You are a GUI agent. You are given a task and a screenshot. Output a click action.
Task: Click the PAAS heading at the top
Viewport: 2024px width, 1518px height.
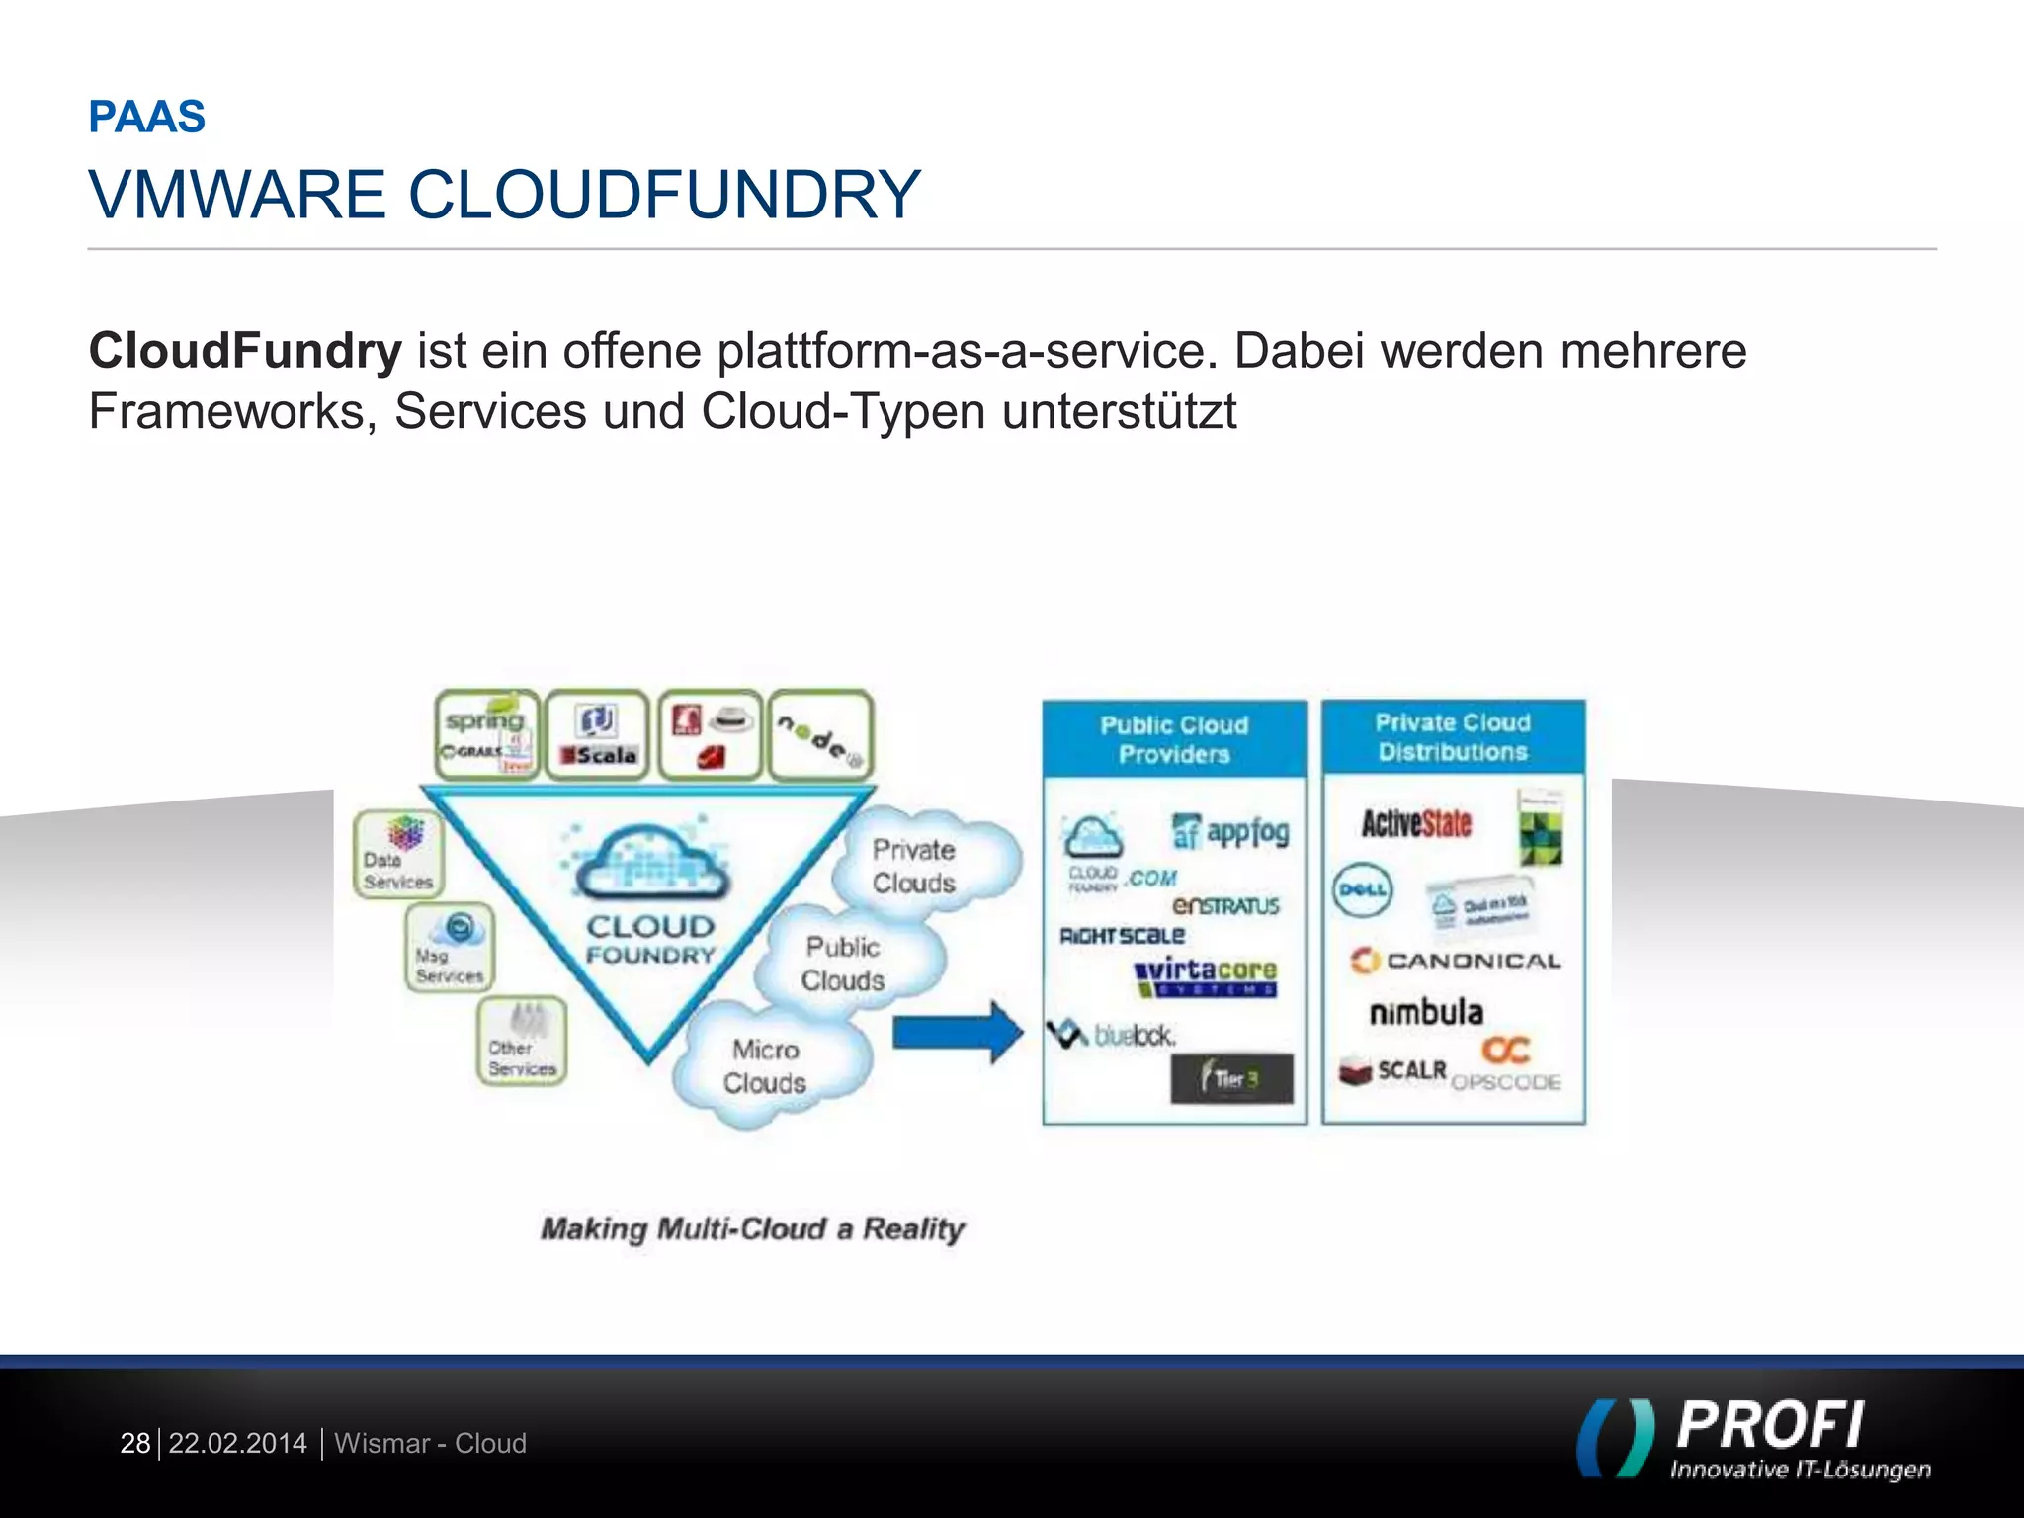(146, 117)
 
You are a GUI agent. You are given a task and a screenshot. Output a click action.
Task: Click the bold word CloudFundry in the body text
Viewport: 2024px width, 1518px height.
(245, 351)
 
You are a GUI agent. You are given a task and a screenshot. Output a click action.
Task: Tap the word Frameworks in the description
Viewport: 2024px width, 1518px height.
(226, 412)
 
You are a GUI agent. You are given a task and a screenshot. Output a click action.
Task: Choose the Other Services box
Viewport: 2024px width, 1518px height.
(522, 1042)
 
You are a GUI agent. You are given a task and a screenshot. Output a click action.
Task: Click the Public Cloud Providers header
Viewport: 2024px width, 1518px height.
(1174, 739)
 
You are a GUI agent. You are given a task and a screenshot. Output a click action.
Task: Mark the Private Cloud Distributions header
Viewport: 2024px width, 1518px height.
(1453, 737)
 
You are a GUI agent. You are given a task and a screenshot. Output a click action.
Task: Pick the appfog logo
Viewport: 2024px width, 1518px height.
(1231, 832)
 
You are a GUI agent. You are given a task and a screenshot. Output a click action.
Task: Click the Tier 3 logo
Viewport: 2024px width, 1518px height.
(1231, 1079)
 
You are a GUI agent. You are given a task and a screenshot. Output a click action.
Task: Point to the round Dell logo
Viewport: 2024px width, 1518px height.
(1361, 889)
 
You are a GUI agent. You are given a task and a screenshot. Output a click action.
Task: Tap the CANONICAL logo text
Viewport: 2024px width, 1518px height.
(1457, 961)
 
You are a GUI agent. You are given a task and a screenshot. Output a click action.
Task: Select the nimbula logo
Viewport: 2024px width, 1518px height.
(1426, 1012)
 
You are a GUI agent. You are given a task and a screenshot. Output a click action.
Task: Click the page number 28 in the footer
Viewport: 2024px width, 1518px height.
(134, 1444)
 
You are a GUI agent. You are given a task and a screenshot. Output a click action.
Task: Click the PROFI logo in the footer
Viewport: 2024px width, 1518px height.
(1755, 1439)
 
